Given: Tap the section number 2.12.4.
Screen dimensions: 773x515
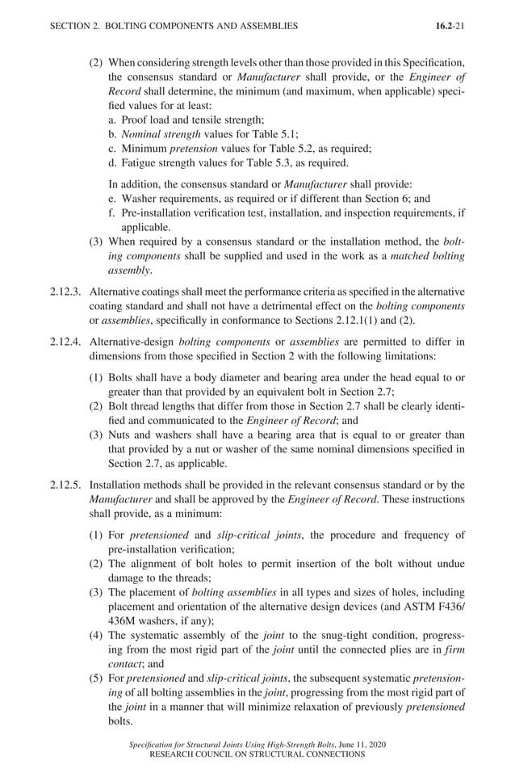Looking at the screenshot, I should pos(65,342).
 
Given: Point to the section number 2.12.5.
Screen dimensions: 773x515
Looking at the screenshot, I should pos(65,485).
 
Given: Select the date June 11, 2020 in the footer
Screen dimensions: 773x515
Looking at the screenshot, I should pos(350,745).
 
